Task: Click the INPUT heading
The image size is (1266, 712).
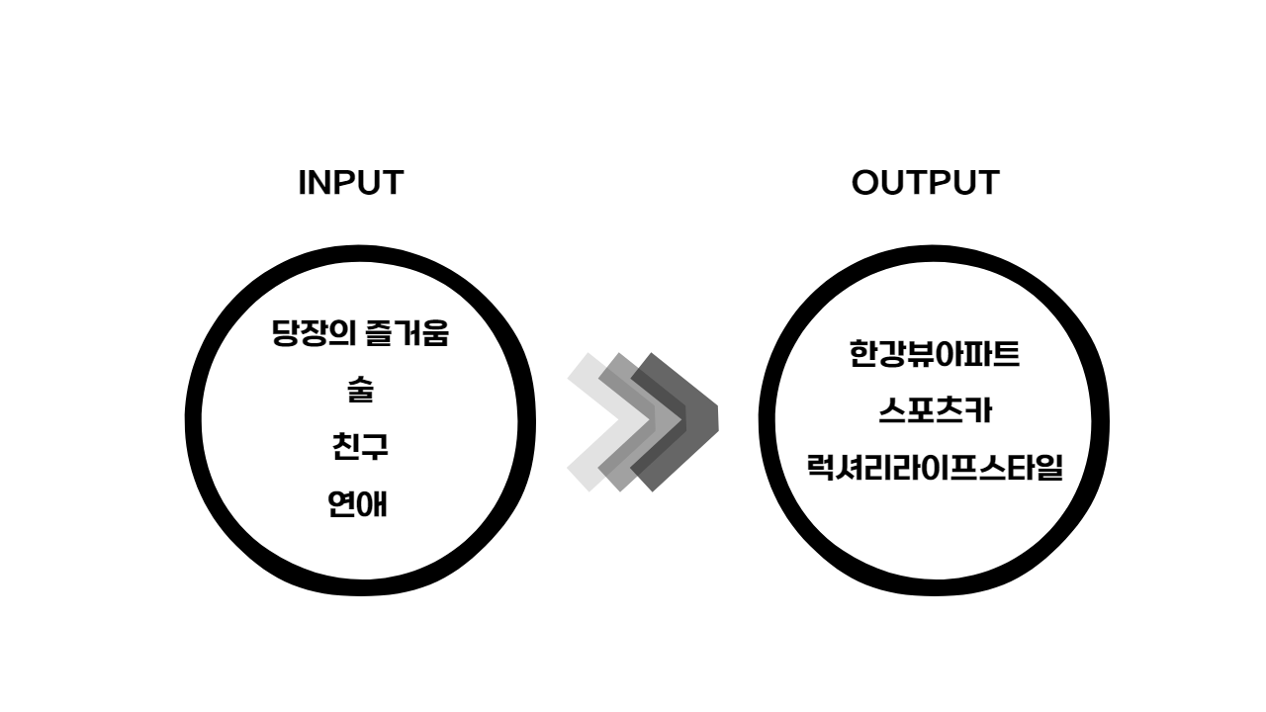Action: (350, 183)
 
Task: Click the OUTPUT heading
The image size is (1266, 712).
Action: (925, 183)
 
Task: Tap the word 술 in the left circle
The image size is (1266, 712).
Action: (360, 390)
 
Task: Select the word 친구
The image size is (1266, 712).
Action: (360, 447)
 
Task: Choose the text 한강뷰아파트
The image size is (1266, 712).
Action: (934, 353)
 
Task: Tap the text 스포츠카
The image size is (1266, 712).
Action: (934, 410)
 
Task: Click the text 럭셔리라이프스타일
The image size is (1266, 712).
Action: (934, 467)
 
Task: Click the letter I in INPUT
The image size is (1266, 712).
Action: (303, 183)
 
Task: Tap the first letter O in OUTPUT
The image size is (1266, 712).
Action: (866, 183)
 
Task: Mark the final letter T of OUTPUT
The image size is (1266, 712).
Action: (987, 183)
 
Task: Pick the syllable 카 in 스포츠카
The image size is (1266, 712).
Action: (976, 410)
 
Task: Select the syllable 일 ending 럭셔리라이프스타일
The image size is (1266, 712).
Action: (1047, 467)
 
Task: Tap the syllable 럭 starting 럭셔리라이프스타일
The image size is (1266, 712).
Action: (821, 467)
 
